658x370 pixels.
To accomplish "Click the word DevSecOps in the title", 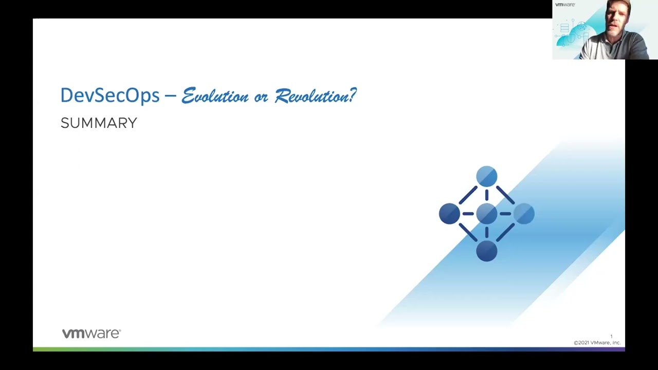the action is coord(110,95).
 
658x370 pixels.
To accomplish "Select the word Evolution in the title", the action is coord(215,96).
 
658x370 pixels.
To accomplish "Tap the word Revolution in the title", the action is coord(312,96).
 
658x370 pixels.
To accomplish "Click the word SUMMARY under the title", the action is coord(99,123).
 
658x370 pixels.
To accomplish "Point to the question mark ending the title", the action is coord(353,95).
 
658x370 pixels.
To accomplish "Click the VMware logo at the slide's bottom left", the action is coord(92,334).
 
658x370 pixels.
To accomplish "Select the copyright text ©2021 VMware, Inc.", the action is coord(597,343).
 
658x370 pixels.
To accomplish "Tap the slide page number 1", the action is coord(611,337).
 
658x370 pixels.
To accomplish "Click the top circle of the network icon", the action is coord(487,176).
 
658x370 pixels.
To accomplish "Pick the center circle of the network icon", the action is coord(487,213).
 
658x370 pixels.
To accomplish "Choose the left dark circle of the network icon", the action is coord(449,213).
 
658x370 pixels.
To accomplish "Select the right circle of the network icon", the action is coord(524,213).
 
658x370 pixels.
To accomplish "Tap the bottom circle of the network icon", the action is coord(487,251).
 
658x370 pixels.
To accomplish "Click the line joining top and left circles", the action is coord(468,195).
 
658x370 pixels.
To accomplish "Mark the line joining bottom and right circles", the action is coord(505,232).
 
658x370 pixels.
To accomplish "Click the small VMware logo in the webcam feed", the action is coord(565,5).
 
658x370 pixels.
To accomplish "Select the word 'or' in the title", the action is coord(261,98).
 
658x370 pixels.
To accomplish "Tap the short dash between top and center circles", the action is coord(487,195).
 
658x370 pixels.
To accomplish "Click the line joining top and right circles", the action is coord(505,195).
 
